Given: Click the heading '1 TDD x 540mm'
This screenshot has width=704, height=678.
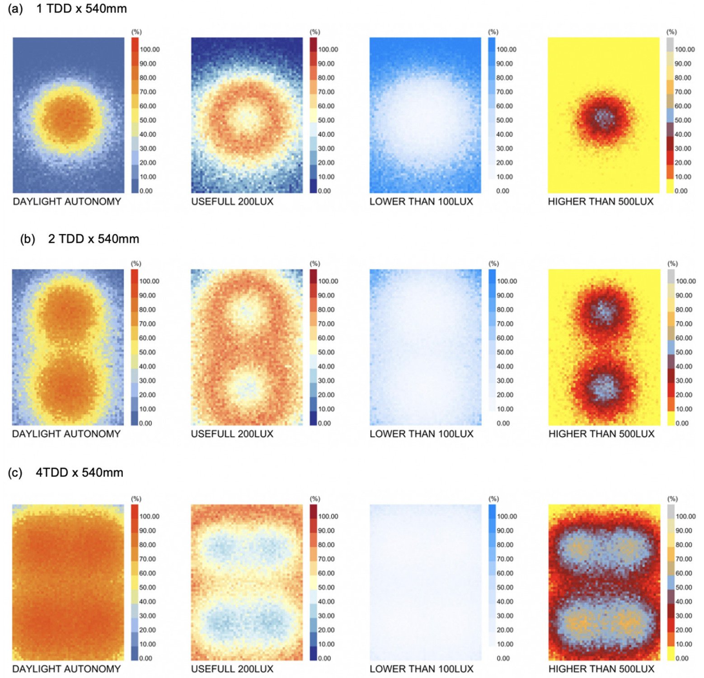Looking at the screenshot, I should click(81, 9).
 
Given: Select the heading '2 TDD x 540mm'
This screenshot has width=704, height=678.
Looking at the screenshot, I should click(94, 239).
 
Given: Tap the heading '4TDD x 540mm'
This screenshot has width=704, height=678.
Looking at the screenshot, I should click(80, 472).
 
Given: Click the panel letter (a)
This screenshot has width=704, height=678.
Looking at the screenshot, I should click(15, 9).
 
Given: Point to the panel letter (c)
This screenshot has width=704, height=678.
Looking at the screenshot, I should click(15, 473).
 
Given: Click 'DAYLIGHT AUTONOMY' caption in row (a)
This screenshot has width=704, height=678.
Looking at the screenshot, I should click(67, 202).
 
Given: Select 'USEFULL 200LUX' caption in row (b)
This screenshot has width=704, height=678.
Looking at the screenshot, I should click(232, 434).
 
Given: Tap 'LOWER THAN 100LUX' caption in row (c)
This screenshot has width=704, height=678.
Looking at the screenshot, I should click(421, 669).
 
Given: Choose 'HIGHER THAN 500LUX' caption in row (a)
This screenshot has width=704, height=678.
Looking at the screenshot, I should click(601, 202).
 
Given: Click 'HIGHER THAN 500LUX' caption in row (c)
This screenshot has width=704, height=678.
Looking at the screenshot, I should click(601, 669).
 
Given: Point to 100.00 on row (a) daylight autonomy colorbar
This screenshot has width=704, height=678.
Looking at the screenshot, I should click(150, 49).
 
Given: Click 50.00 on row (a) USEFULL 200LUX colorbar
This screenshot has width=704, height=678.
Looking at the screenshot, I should click(326, 120).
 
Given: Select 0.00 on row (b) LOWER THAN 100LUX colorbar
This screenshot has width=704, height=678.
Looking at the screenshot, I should click(503, 424).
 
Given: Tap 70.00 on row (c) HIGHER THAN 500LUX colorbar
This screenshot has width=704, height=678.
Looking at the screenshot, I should click(684, 559).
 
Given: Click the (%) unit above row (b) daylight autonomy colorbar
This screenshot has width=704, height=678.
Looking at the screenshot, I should click(136, 264).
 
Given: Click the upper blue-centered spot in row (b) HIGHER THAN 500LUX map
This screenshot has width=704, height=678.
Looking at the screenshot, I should click(603, 311).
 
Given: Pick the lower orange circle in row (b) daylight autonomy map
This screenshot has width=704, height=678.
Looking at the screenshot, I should click(67, 386).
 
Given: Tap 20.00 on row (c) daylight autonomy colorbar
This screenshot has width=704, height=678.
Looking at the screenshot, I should click(148, 630).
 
